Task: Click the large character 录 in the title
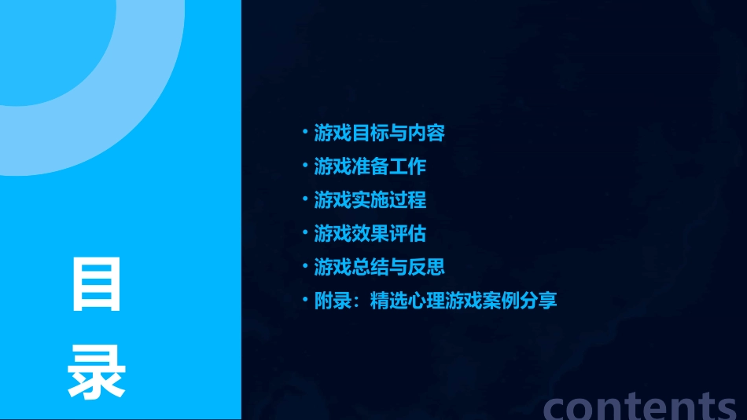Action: click(97, 372)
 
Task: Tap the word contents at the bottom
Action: click(640, 405)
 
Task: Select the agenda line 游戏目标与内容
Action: click(379, 133)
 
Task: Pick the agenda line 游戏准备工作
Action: click(370, 166)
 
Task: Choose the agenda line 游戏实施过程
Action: click(370, 199)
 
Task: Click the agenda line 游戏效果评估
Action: click(370, 233)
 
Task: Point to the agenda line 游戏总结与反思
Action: click(379, 267)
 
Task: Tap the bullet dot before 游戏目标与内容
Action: click(306, 133)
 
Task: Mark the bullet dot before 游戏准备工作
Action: click(306, 166)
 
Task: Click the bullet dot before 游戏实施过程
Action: click(306, 199)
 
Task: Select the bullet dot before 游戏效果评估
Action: click(306, 233)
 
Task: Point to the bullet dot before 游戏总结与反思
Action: click(306, 266)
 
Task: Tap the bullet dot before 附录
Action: click(306, 300)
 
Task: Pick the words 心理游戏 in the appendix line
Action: click(444, 301)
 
